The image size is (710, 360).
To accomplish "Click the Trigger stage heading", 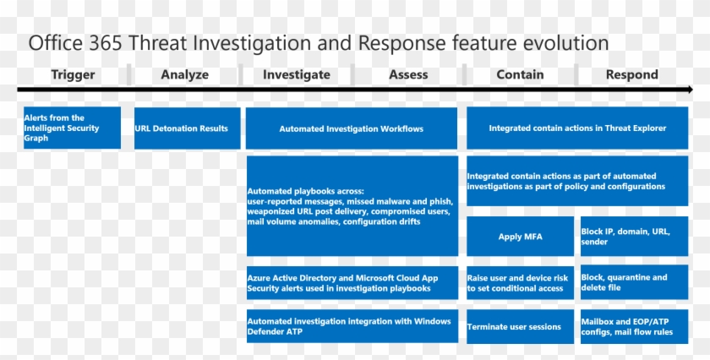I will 73,74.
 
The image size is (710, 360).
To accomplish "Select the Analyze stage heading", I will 184,74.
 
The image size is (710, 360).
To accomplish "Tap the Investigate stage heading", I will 296,74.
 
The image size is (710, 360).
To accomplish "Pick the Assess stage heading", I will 408,74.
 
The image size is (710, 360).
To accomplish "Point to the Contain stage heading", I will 520,74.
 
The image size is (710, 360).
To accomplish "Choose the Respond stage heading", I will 631,74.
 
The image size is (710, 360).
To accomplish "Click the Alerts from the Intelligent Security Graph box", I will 72,128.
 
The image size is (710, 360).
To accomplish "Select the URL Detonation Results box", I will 187,128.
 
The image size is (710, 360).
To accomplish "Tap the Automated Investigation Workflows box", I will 352,128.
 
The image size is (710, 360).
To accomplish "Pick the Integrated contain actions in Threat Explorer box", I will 577,128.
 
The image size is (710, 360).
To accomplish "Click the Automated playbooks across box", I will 352,205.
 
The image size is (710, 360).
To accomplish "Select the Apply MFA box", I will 521,237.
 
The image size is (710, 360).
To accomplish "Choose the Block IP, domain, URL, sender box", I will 633,237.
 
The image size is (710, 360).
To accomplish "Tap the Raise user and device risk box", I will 521,282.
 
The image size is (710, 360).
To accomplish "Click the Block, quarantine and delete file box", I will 633,282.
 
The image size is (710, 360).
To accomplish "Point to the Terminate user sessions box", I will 521,326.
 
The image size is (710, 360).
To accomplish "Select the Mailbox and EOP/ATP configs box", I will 633,326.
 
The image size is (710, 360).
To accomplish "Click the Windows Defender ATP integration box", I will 352,326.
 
